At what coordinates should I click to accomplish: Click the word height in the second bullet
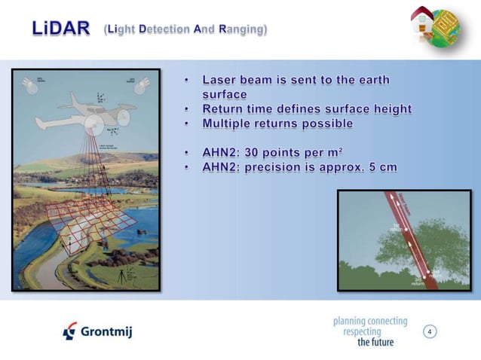tap(389, 109)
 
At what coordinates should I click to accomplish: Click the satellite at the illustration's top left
tap(29, 84)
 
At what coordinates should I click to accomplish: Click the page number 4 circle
tap(430, 331)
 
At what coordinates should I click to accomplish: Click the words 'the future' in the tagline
tap(375, 341)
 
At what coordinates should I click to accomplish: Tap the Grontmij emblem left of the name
tap(69, 331)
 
